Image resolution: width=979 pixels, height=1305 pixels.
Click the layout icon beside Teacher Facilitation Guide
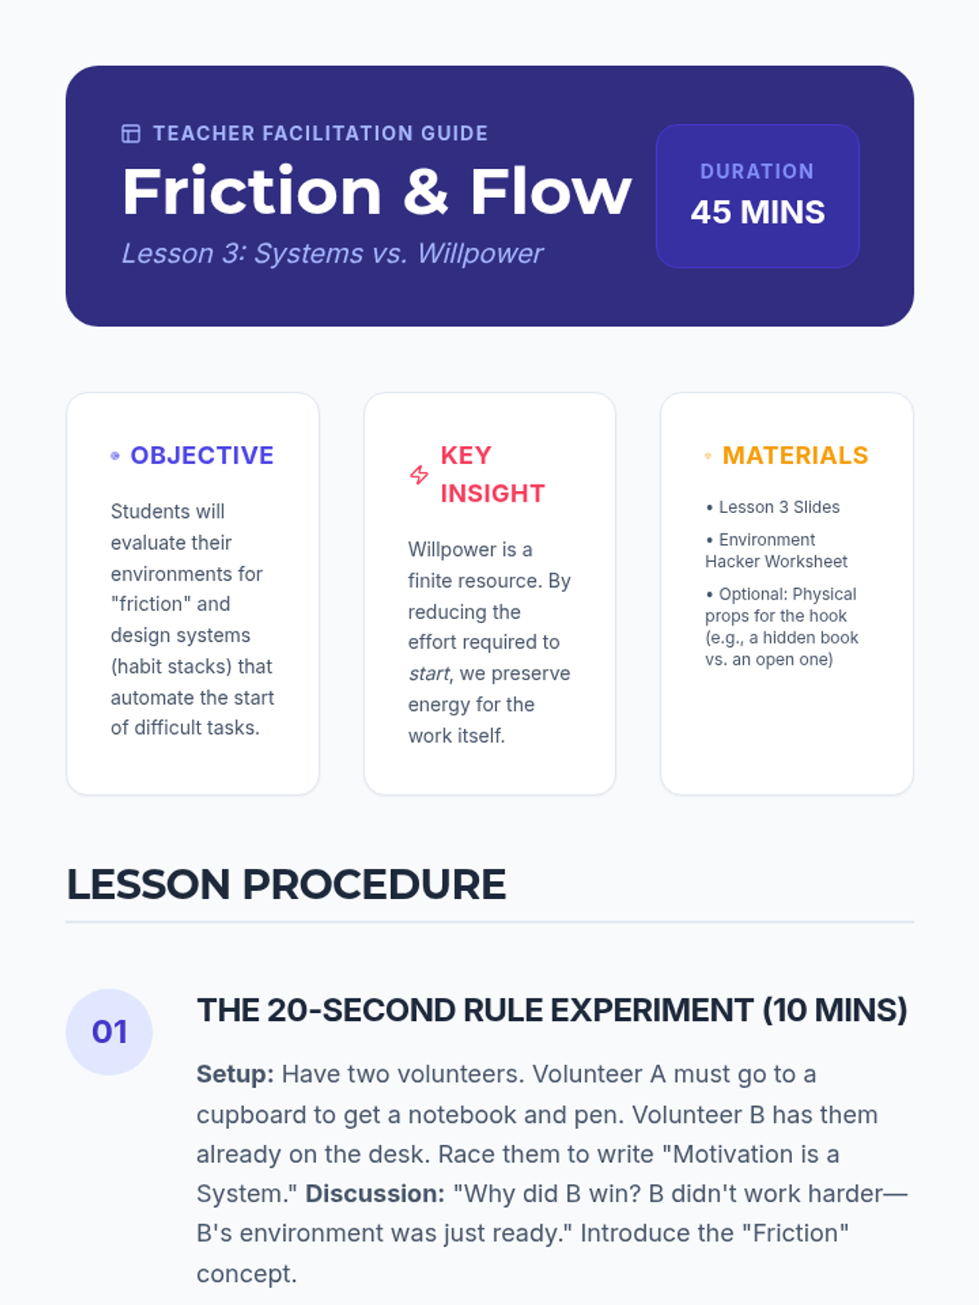[131, 134]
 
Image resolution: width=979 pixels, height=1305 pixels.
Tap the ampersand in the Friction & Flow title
[426, 192]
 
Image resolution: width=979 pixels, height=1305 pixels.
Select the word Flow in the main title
[551, 192]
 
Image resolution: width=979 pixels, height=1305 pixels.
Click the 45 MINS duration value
[758, 212]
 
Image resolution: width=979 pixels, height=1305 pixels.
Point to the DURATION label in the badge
[757, 171]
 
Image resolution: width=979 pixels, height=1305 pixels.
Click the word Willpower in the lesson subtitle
[480, 254]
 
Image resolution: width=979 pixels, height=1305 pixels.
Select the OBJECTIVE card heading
[202, 455]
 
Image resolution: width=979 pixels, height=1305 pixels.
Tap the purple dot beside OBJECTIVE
[115, 456]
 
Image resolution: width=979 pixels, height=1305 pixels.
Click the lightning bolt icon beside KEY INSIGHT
[419, 475]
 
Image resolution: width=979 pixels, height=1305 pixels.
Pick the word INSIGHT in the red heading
[493, 493]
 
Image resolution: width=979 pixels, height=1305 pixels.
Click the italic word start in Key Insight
[429, 674]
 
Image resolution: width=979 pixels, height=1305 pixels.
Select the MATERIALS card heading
[795, 455]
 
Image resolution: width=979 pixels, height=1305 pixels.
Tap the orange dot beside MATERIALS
[708, 456]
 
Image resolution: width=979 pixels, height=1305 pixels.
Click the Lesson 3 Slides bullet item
[773, 507]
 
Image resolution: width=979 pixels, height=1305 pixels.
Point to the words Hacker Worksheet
[776, 561]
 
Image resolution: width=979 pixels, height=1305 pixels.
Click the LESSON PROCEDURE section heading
[286, 884]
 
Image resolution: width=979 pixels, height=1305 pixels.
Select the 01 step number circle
[109, 1032]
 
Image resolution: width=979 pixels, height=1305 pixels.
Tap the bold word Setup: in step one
[235, 1074]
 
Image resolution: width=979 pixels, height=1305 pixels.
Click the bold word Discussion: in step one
[375, 1194]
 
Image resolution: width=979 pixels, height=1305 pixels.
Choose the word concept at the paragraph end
[246, 1274]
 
